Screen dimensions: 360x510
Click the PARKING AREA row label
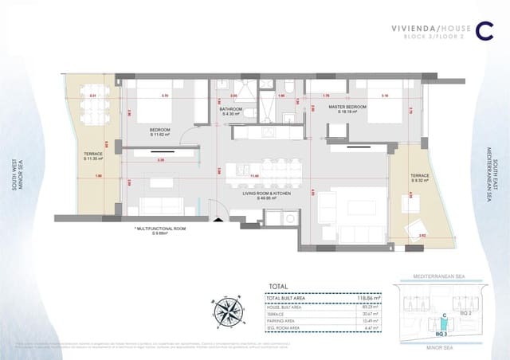click(283, 320)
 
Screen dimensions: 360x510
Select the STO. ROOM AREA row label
click(285, 327)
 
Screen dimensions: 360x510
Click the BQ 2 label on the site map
click(465, 314)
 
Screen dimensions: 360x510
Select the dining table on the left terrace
click(93, 108)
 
